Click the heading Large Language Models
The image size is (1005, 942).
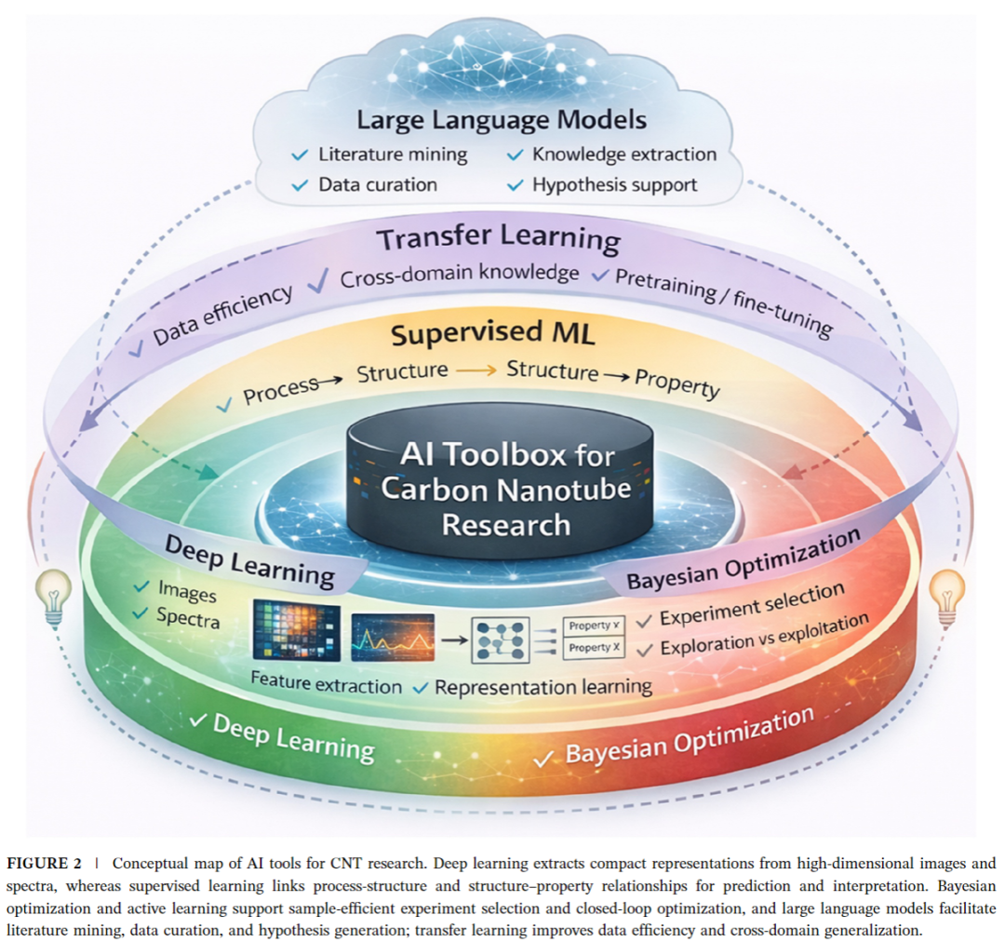(x=502, y=121)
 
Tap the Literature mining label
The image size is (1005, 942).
(x=393, y=155)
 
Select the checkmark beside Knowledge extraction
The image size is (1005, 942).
(x=515, y=155)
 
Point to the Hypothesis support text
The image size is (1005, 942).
(x=615, y=185)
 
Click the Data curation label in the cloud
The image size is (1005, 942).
(x=378, y=184)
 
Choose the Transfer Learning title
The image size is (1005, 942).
(x=498, y=238)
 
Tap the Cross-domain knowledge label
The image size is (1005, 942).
(x=459, y=276)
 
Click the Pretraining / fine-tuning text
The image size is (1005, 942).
(x=724, y=302)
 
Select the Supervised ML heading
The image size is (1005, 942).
(x=492, y=333)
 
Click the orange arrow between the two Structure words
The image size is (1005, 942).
(x=476, y=370)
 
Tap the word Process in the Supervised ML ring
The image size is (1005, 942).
(x=281, y=391)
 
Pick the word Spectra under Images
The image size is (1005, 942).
(x=188, y=618)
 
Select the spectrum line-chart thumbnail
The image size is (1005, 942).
(x=393, y=638)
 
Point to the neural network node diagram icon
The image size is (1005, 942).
(x=500, y=640)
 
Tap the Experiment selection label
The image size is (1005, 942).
(x=752, y=604)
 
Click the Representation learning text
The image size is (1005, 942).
(x=543, y=687)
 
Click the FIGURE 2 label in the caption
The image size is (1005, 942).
(x=45, y=863)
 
